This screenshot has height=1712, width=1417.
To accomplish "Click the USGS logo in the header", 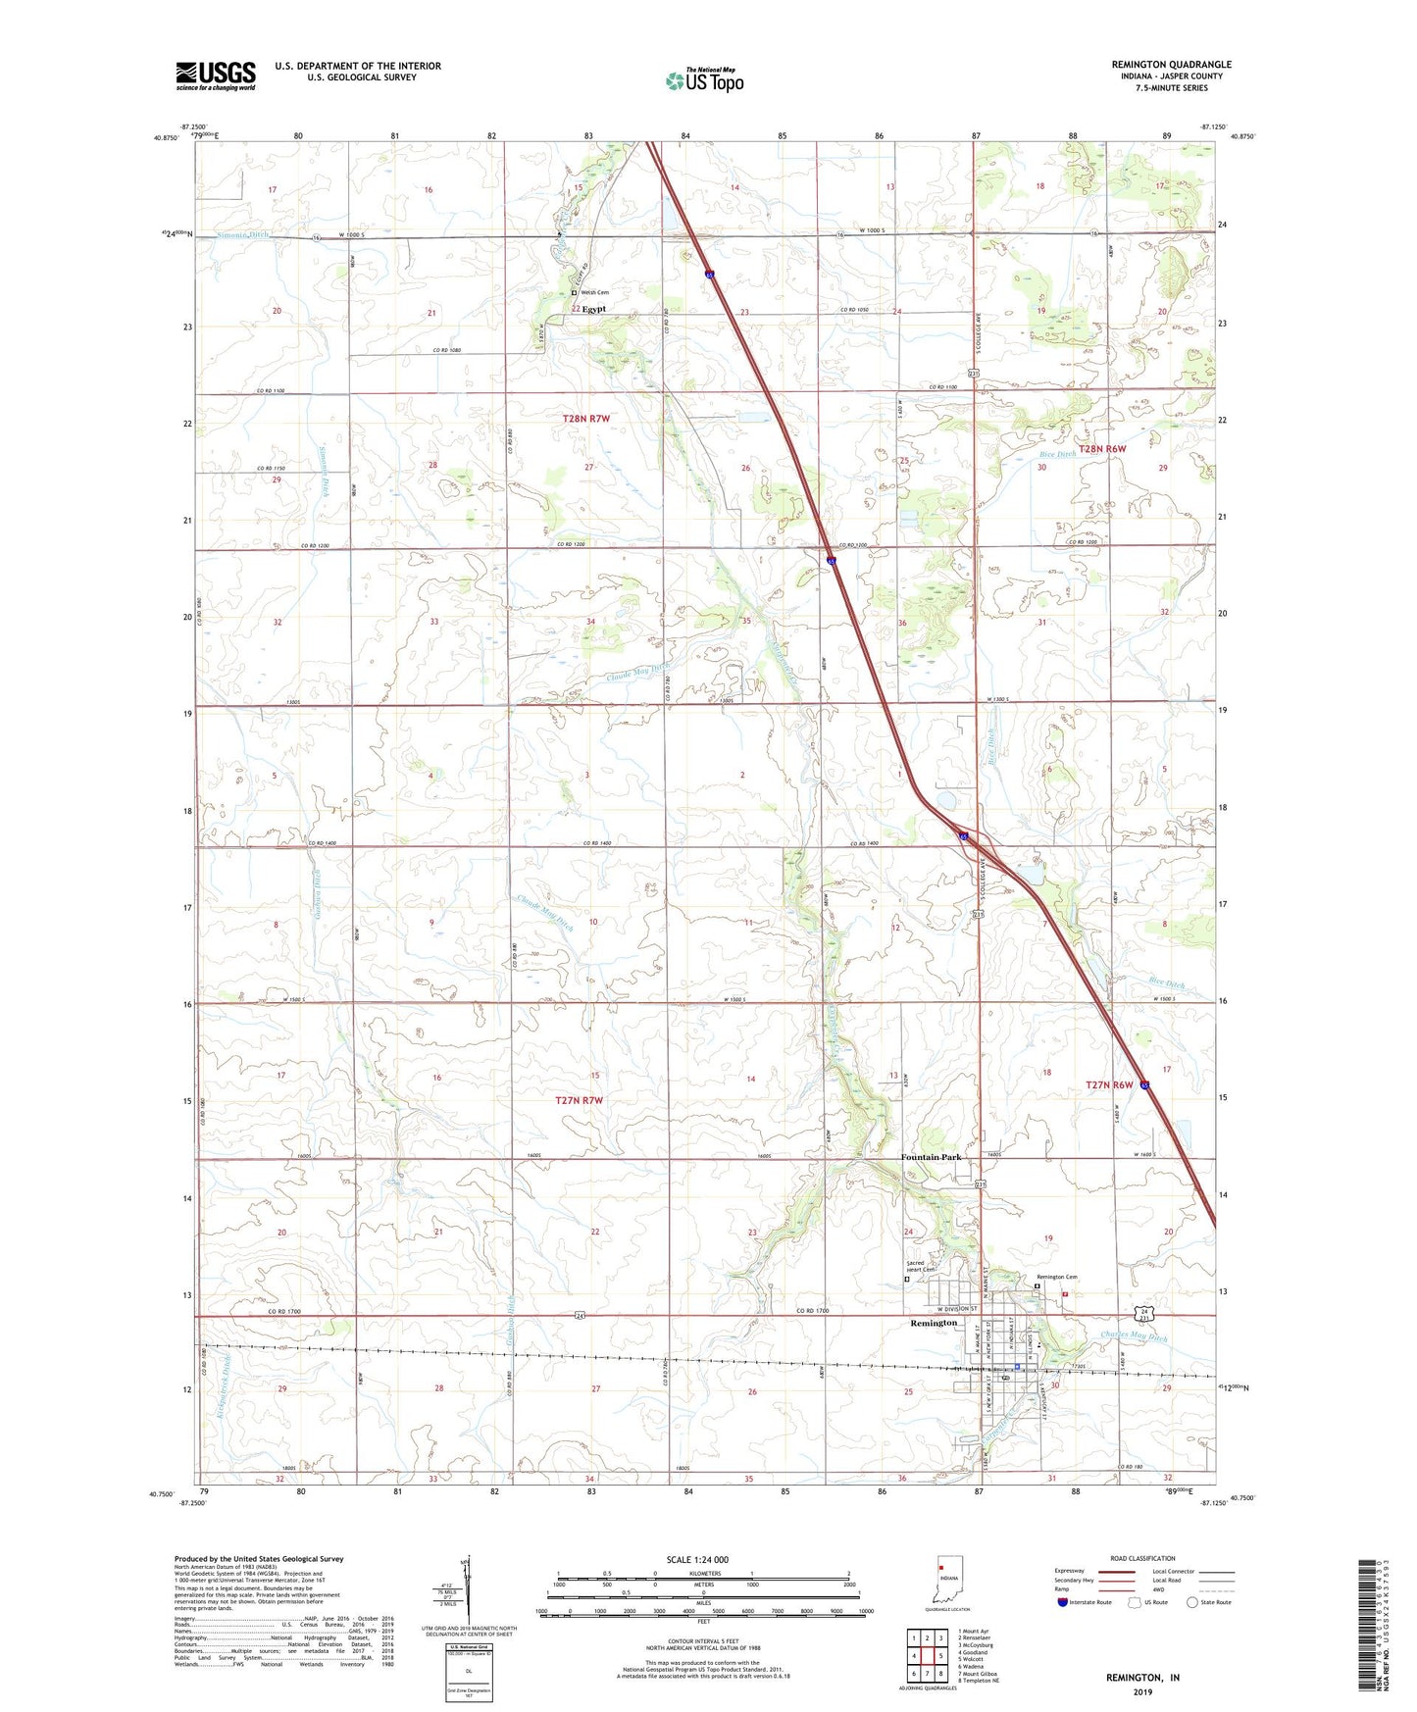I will (x=215, y=75).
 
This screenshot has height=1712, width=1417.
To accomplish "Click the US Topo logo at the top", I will (x=704, y=79).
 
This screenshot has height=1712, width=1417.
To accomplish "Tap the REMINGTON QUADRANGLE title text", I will (x=1171, y=65).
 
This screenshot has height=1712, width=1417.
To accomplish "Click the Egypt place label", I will (x=593, y=309).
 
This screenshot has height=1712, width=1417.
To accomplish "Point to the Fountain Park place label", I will (x=931, y=1157).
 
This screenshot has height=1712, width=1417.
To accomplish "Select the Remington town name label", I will (x=933, y=1323).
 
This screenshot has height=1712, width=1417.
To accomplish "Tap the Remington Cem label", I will (x=1057, y=1277).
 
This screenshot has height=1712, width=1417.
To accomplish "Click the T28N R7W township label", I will (x=586, y=419).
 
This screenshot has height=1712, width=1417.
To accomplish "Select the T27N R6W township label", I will (x=1109, y=1084).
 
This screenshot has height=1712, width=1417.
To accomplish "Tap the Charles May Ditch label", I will (x=1134, y=1337).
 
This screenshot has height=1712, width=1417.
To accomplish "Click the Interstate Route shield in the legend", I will (x=1063, y=1602).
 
